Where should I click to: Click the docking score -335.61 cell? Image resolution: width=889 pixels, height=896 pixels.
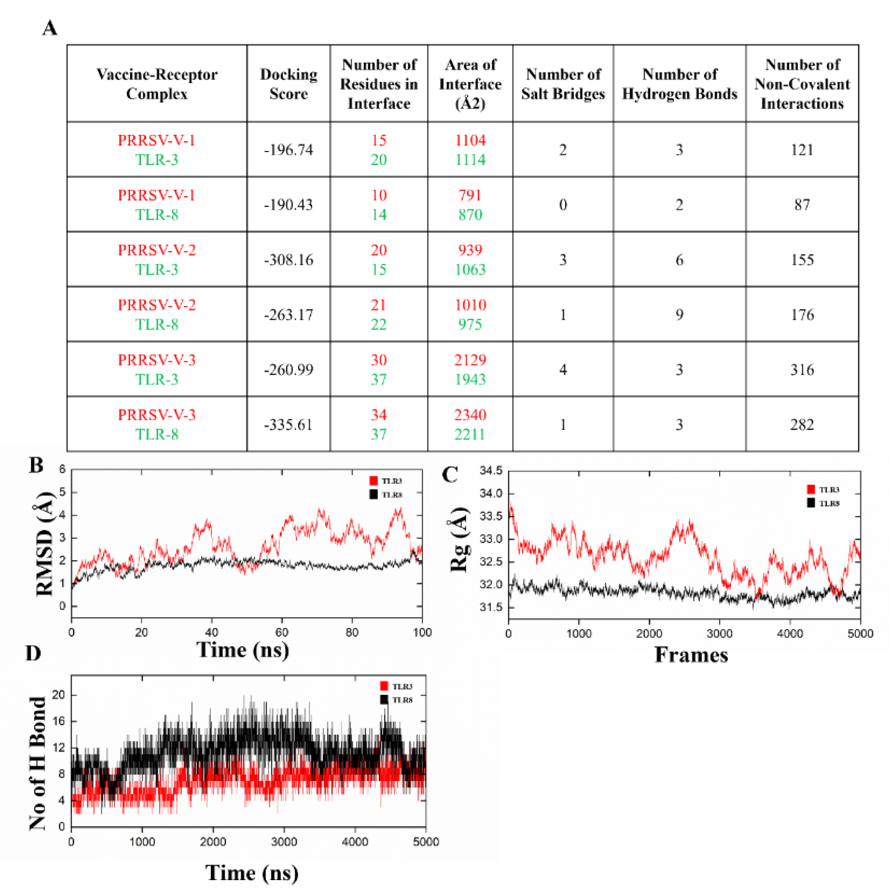[288, 425]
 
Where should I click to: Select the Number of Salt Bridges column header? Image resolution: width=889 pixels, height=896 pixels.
[563, 84]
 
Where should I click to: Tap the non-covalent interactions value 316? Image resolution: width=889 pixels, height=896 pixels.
[802, 370]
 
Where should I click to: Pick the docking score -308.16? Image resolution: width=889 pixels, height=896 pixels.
[288, 260]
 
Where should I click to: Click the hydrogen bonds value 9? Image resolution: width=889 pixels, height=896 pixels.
[679, 314]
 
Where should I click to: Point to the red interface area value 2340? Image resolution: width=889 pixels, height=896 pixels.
[470, 415]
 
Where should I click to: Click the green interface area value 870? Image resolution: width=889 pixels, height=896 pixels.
[470, 214]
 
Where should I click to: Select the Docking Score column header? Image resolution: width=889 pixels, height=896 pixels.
[288, 84]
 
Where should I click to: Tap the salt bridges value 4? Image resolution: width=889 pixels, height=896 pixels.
[563, 370]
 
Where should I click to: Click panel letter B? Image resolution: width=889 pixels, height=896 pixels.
[36, 465]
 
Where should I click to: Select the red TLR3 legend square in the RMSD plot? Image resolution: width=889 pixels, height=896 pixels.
[373, 481]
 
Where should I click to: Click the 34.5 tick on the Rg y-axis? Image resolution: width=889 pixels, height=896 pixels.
[491, 471]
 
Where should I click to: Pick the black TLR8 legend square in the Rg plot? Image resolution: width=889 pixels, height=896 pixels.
[811, 503]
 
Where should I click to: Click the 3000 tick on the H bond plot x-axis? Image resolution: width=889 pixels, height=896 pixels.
[284, 842]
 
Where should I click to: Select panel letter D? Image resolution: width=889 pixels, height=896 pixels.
[33, 653]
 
